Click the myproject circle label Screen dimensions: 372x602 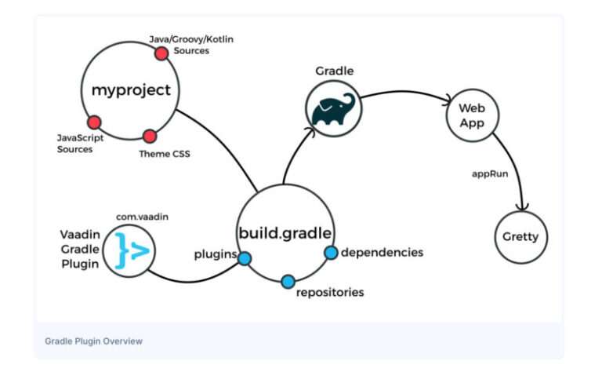(x=131, y=89)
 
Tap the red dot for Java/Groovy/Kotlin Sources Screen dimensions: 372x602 (x=161, y=53)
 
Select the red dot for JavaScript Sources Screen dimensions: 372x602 (x=94, y=122)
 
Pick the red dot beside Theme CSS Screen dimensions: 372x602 (x=149, y=136)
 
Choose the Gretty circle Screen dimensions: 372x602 (x=521, y=236)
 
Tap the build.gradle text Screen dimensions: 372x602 (x=285, y=232)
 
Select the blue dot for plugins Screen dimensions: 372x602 (x=245, y=257)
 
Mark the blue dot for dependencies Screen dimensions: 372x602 (x=331, y=252)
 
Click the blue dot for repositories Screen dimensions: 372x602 (x=288, y=280)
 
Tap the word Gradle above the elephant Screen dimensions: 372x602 (x=335, y=71)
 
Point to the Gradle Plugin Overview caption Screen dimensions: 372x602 (x=93, y=341)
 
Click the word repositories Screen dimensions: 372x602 (x=330, y=293)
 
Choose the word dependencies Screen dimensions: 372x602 (x=382, y=252)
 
